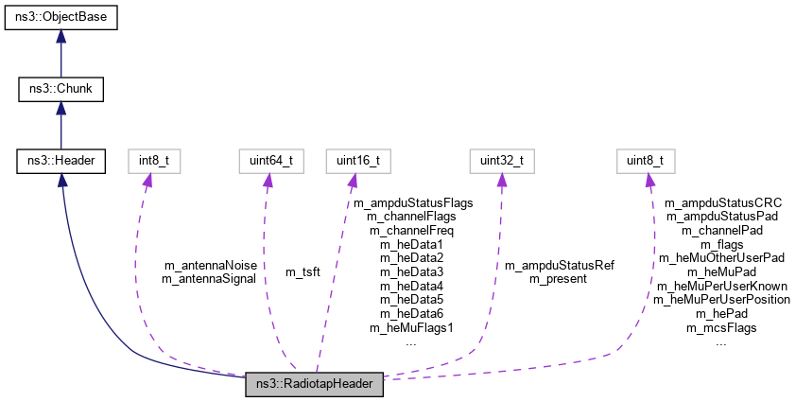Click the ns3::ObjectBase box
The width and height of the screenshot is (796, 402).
(61, 18)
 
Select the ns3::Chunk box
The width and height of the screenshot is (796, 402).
(61, 90)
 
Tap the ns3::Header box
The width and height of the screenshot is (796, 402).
(61, 161)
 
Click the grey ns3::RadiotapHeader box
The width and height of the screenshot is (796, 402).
(314, 384)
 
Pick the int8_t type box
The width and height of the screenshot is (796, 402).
(153, 161)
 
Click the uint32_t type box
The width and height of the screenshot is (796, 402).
(497, 161)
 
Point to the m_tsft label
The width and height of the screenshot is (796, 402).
(303, 271)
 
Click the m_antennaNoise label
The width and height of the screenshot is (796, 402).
(209, 265)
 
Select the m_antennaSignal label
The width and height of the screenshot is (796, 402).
(209, 279)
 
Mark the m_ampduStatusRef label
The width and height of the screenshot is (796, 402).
(559, 265)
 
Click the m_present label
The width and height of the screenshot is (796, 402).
(559, 279)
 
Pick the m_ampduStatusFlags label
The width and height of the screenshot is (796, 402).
(412, 202)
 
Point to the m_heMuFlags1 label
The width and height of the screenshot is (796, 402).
(412, 327)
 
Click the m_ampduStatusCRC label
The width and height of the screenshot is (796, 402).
(723, 202)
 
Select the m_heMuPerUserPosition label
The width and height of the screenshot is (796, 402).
(723, 300)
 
